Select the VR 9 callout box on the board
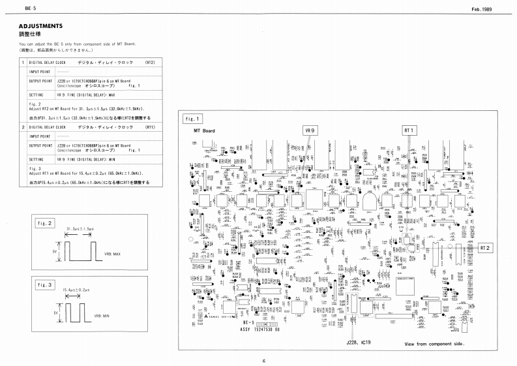(310, 130)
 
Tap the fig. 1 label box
(193, 119)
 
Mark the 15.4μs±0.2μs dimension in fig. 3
(75, 290)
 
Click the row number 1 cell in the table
(23, 63)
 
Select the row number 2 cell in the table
(23, 127)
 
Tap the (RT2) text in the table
(149, 63)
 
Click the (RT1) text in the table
(149, 127)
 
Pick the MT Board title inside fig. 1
(204, 130)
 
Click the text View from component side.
(433, 343)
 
